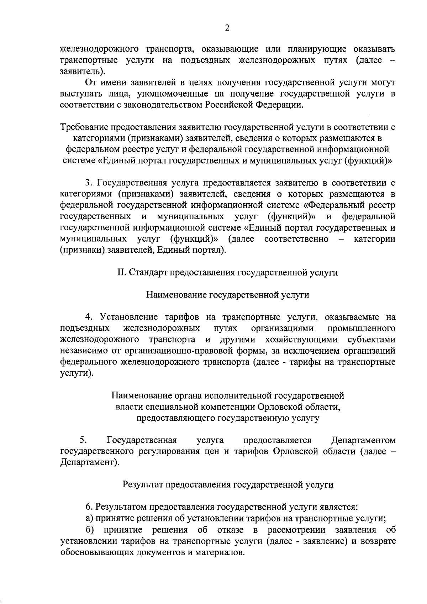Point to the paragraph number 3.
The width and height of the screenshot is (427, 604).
point(89,183)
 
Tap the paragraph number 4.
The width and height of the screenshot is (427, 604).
point(89,317)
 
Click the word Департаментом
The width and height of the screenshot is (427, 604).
point(363,440)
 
